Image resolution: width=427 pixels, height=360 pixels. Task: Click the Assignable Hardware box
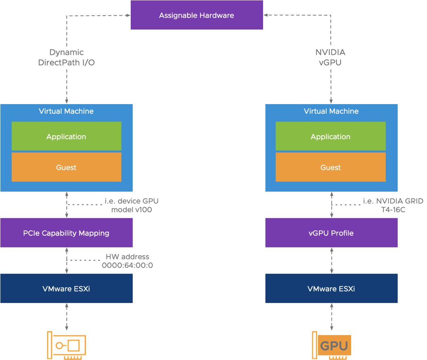(197, 15)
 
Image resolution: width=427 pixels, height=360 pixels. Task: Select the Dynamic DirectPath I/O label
(67, 57)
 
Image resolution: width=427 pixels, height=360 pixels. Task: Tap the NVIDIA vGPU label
(331, 57)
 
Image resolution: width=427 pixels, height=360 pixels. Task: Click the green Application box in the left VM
(66, 136)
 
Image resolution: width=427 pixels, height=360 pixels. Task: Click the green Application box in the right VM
(331, 136)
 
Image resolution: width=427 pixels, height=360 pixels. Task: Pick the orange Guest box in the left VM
(66, 167)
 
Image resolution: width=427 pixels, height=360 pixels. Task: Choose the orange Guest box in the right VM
(331, 167)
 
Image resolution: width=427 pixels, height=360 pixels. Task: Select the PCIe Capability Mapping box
(66, 233)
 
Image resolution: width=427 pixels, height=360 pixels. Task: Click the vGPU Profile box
(331, 233)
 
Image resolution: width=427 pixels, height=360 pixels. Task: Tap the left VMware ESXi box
(66, 289)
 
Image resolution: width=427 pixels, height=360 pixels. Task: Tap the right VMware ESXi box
(331, 289)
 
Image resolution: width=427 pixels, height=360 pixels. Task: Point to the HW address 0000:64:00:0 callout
(127, 261)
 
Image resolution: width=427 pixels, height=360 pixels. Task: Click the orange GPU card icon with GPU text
(333, 346)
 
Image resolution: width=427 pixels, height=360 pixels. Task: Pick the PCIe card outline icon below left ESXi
(66, 345)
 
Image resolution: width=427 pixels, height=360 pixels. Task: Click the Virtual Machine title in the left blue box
(66, 111)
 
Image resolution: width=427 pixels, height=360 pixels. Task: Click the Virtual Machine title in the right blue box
(331, 111)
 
